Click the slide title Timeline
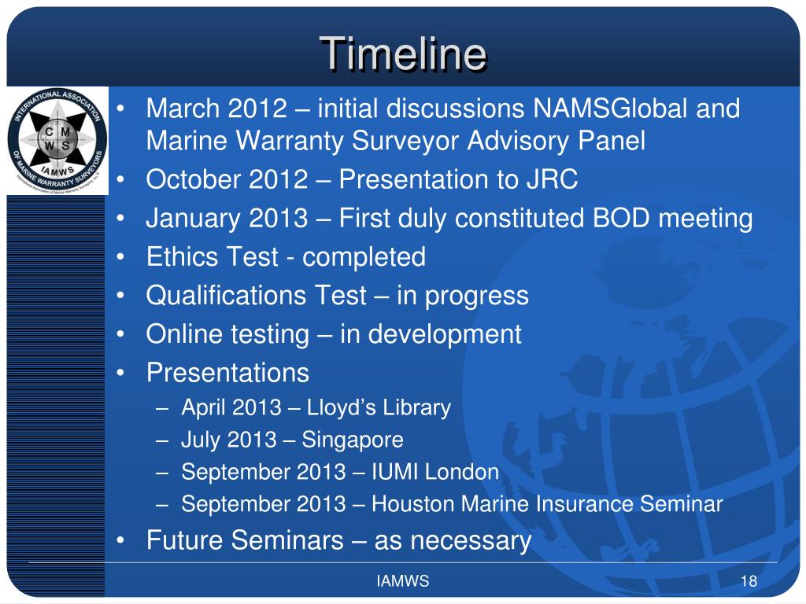(x=403, y=54)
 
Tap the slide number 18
(x=749, y=582)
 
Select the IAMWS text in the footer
(x=402, y=582)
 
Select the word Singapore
(x=353, y=440)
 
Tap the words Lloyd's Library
(x=379, y=407)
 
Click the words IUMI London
(x=435, y=472)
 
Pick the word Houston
(x=408, y=504)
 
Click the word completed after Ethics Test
(x=364, y=257)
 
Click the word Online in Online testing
(x=176, y=334)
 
